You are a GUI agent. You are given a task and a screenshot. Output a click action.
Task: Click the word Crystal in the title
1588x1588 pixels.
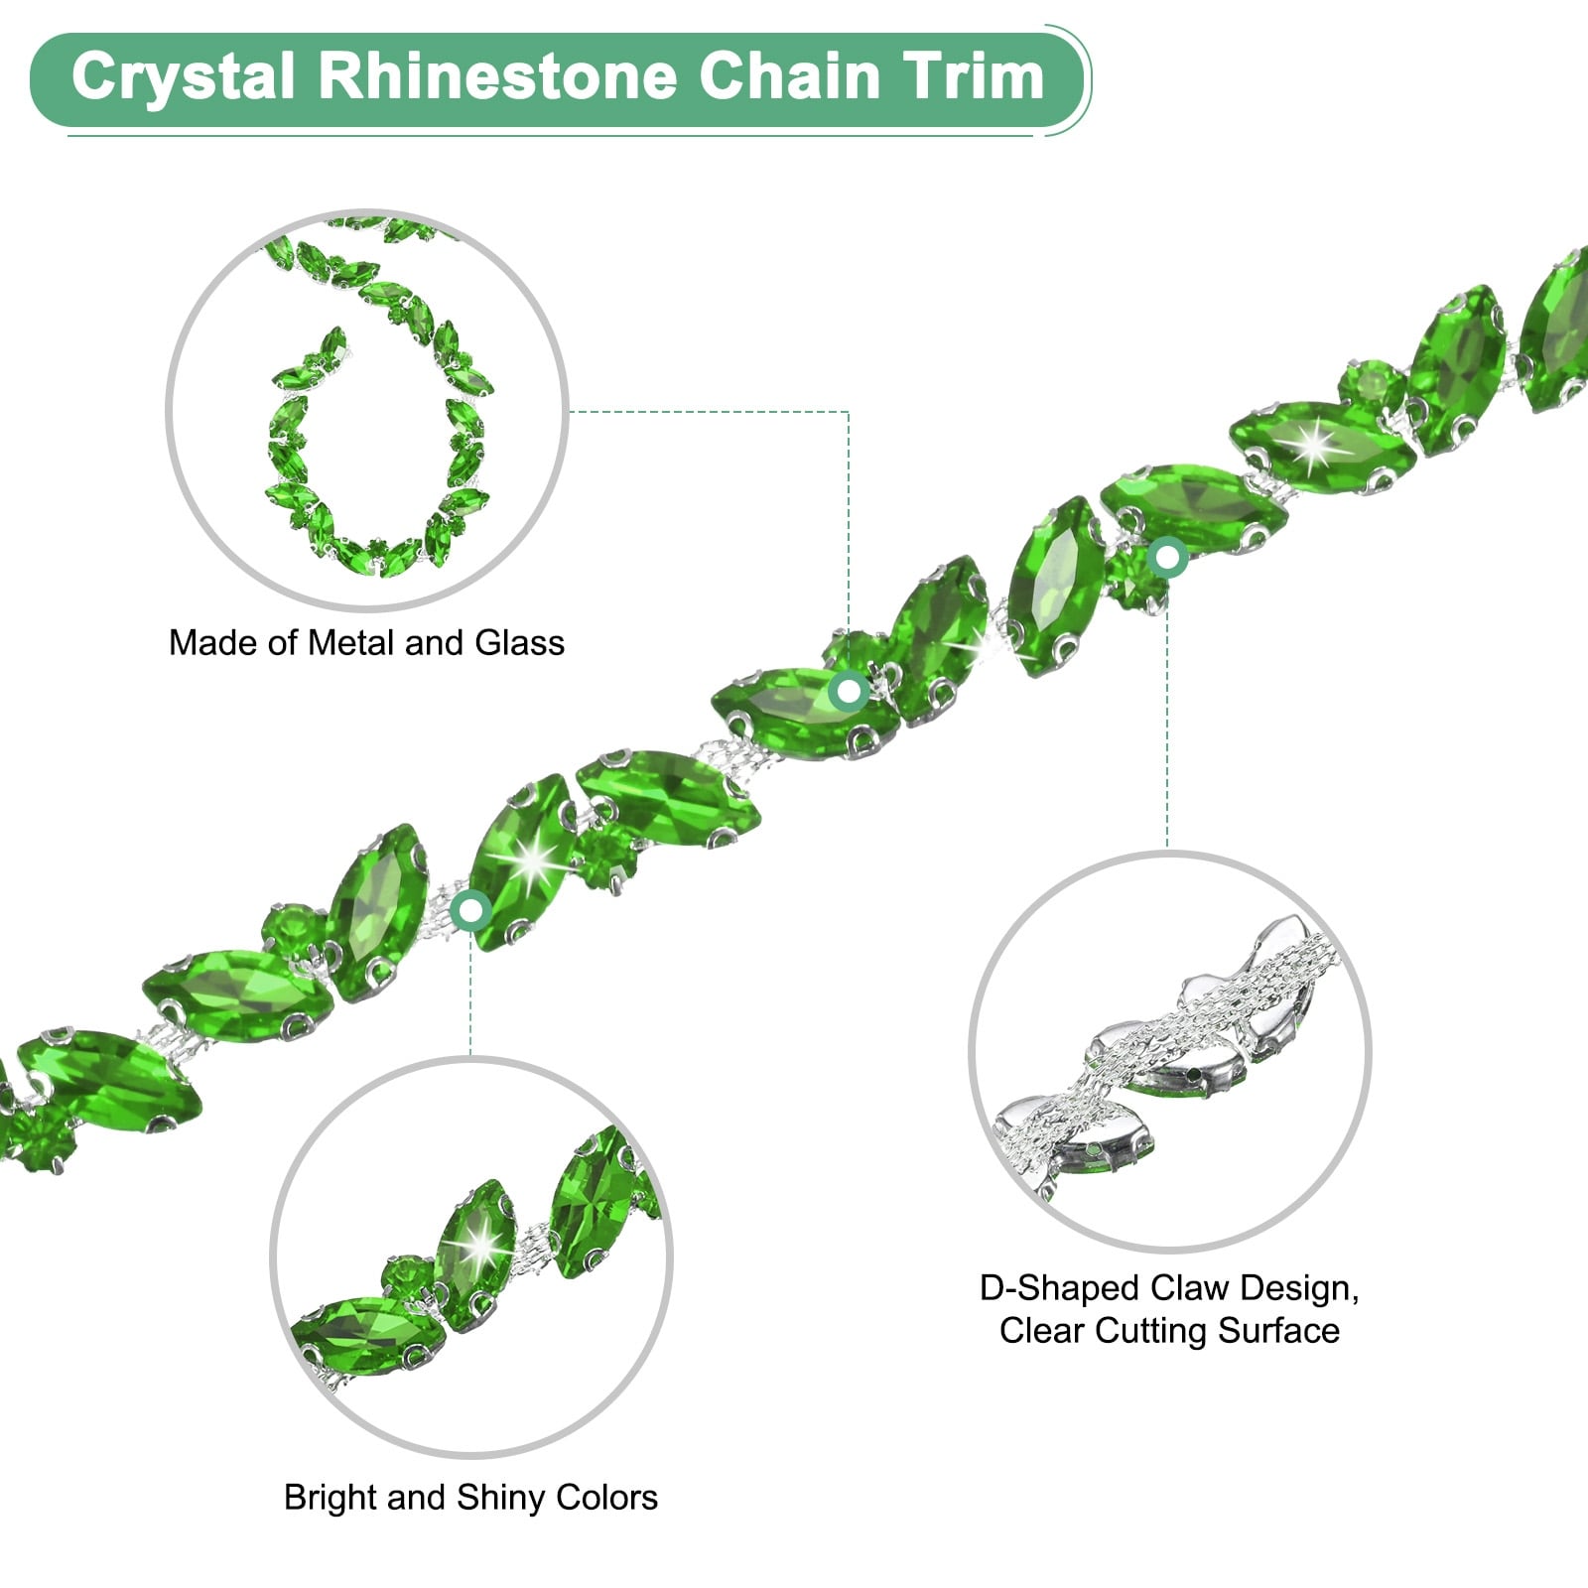tap(184, 77)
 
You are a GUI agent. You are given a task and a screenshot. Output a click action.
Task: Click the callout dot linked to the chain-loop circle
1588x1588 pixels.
tap(850, 690)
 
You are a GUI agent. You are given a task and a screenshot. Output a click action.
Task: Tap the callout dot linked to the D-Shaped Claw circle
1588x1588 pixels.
tap(1168, 558)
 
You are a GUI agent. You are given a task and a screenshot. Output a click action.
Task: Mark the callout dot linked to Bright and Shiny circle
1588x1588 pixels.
tap(470, 909)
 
